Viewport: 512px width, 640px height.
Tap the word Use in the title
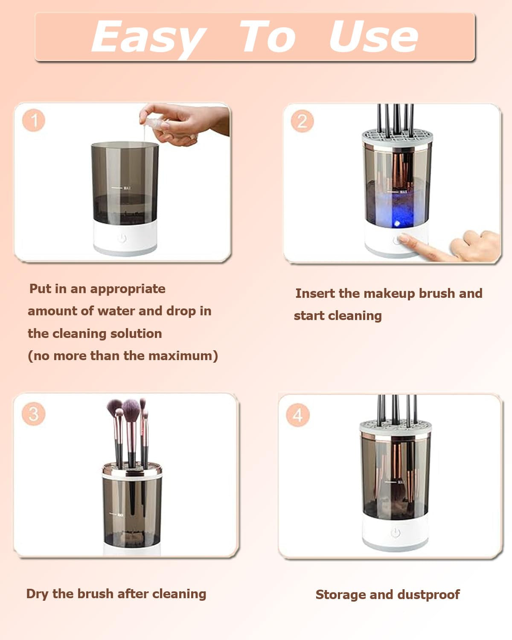373,37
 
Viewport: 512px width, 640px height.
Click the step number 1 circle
34,120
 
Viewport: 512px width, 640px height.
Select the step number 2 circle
302,121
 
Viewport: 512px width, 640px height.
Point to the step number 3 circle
33,414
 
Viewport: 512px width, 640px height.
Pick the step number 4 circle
298,415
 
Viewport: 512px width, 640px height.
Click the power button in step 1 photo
122,238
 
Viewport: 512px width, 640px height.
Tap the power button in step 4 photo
396,532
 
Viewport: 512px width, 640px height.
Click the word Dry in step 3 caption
37,594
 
